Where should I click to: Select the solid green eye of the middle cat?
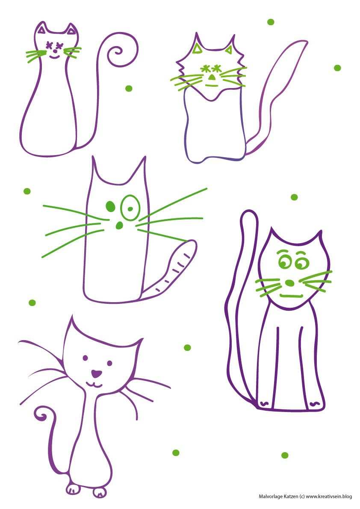pos(110,206)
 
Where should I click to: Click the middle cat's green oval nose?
pos(119,225)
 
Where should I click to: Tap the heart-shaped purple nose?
pos(96,374)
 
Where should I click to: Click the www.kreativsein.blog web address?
pos(329,496)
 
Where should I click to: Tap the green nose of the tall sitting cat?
pos(289,283)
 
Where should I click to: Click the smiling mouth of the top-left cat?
pos(55,57)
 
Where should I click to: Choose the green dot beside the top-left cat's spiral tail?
pos(129,88)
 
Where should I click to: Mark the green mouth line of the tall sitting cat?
pos(291,296)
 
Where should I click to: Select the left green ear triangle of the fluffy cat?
pos(197,49)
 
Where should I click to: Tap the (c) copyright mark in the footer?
pos(302,496)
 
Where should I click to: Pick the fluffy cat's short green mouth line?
pos(211,85)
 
